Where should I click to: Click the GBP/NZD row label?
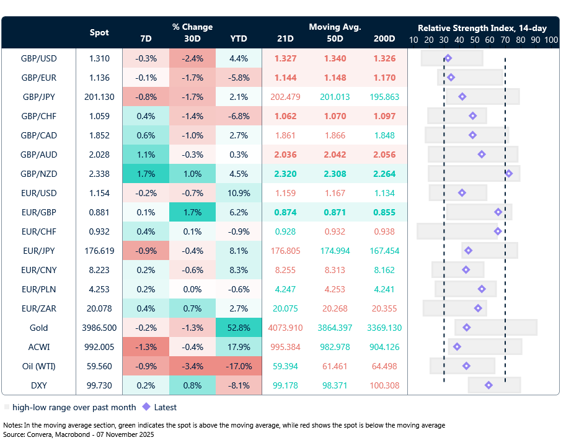pos(39,174)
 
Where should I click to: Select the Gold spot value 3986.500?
pos(99,328)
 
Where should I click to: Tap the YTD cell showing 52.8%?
pos(239,328)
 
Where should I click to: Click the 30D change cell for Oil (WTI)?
pos(192,366)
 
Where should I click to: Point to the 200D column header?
pos(384,38)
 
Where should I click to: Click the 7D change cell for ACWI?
pos(146,347)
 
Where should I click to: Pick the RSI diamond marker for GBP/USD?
pos(448,58)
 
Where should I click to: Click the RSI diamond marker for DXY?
pos(488,385)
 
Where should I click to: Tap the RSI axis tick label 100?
pos(551,40)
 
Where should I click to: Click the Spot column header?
pos(99,32)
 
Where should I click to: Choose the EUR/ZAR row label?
pos(39,308)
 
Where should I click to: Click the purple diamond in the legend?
pos(146,408)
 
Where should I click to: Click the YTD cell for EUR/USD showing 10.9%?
pos(239,193)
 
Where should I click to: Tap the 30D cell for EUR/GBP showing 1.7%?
pos(192,212)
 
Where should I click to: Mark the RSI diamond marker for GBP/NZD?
pos(508,174)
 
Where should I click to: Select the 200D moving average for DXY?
pos(384,385)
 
